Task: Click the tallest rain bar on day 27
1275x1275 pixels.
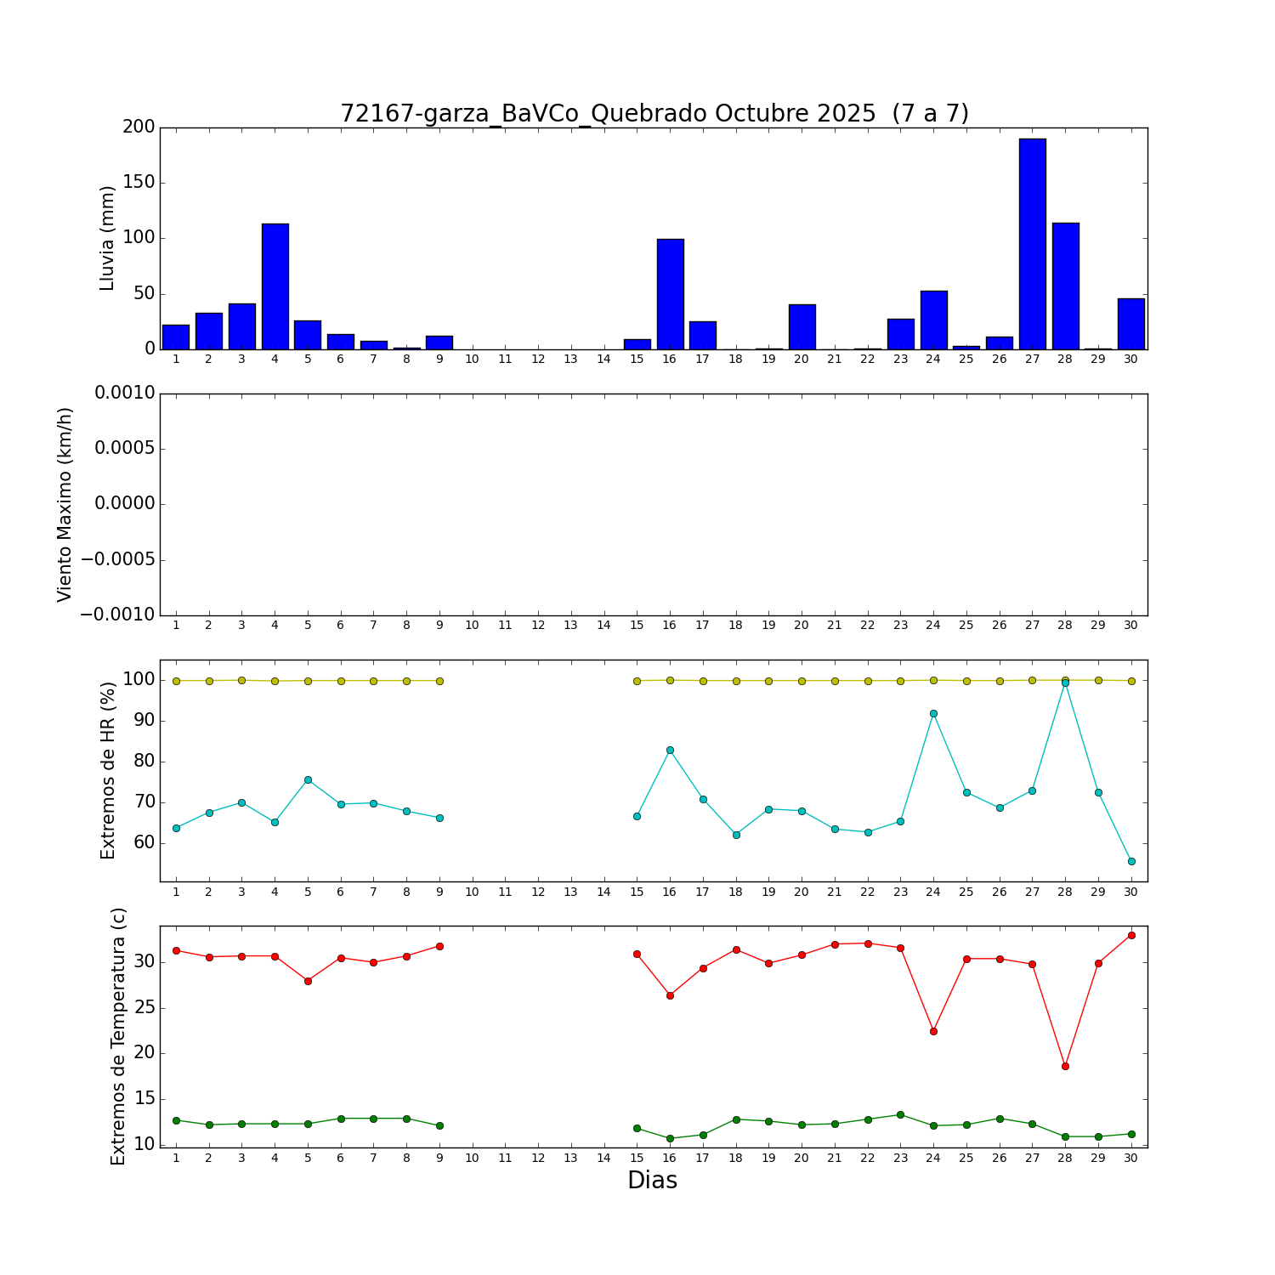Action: (x=1032, y=244)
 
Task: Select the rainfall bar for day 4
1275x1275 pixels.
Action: (x=275, y=286)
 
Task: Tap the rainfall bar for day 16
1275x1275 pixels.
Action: (x=670, y=294)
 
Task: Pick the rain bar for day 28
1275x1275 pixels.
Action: (x=1065, y=286)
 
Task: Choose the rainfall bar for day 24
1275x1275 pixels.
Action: (x=933, y=320)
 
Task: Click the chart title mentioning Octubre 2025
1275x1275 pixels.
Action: (x=654, y=114)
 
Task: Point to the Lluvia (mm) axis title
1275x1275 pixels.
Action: (x=108, y=238)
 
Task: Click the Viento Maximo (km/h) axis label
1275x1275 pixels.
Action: (x=65, y=505)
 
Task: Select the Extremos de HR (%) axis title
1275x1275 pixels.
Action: (x=108, y=770)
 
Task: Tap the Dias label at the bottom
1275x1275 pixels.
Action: (x=652, y=1181)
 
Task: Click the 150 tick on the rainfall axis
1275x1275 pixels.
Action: (x=139, y=183)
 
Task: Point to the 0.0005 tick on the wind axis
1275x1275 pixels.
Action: (x=125, y=449)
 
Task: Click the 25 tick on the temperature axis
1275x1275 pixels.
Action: (x=144, y=1008)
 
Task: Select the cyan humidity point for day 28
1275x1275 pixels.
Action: (x=1065, y=683)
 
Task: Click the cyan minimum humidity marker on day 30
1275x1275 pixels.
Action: (x=1131, y=861)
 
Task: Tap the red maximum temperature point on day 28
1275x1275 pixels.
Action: (x=1065, y=1066)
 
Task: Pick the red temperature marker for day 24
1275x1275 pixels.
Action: (x=933, y=1031)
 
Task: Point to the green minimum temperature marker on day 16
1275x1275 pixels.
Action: (x=670, y=1138)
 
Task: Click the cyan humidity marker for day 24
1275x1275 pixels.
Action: (x=933, y=714)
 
